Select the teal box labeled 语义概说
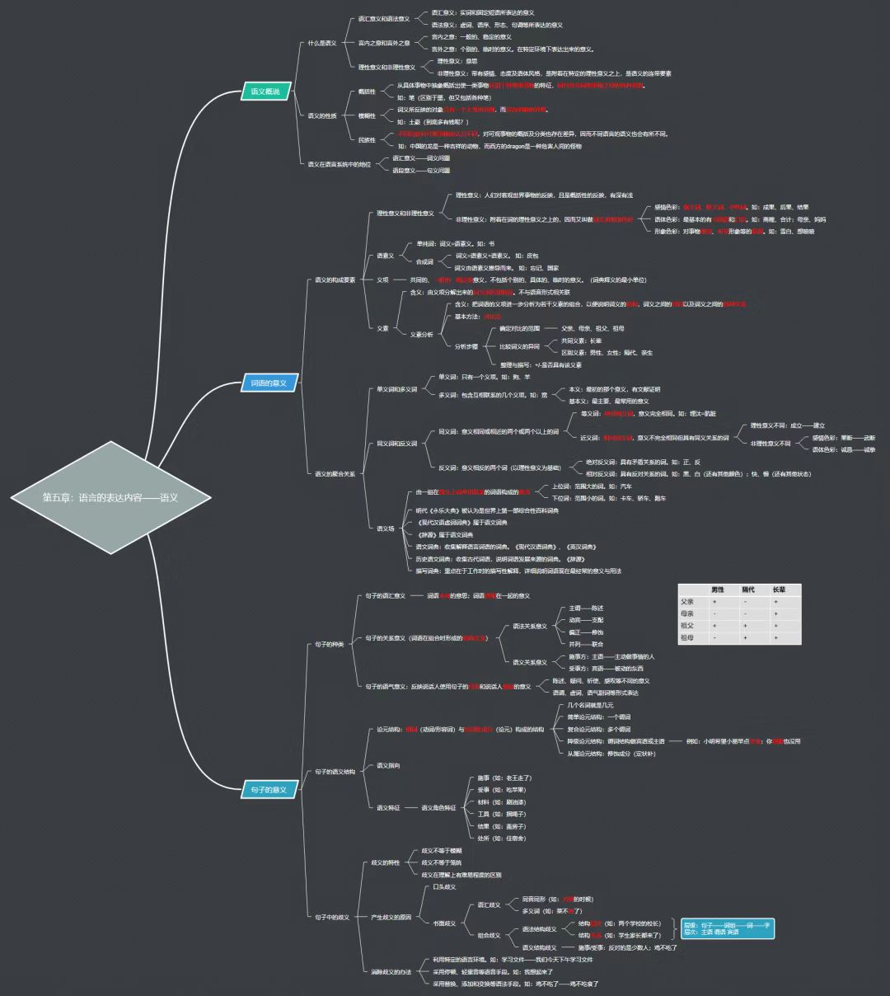coord(265,92)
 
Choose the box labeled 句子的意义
coord(269,790)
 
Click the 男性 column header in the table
coord(718,590)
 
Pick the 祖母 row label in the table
coord(687,637)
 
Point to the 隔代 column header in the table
coord(748,590)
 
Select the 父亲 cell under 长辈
coord(775,602)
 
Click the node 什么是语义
coord(322,43)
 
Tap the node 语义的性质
coord(322,115)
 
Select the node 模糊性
coord(367,115)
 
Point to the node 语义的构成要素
coord(335,280)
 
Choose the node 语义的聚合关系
coord(335,474)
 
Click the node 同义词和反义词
coord(397,444)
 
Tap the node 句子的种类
coord(329,644)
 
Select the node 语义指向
coord(388,766)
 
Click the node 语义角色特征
coord(438,808)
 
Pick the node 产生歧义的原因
coord(391,917)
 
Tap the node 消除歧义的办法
coord(391,971)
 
